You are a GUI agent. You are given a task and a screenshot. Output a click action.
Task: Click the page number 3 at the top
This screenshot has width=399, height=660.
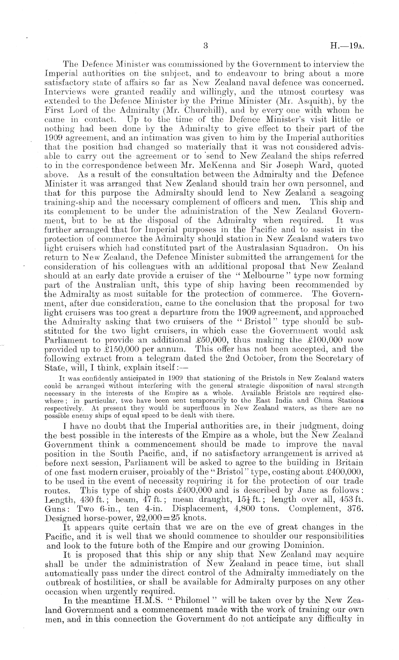[205, 46]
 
